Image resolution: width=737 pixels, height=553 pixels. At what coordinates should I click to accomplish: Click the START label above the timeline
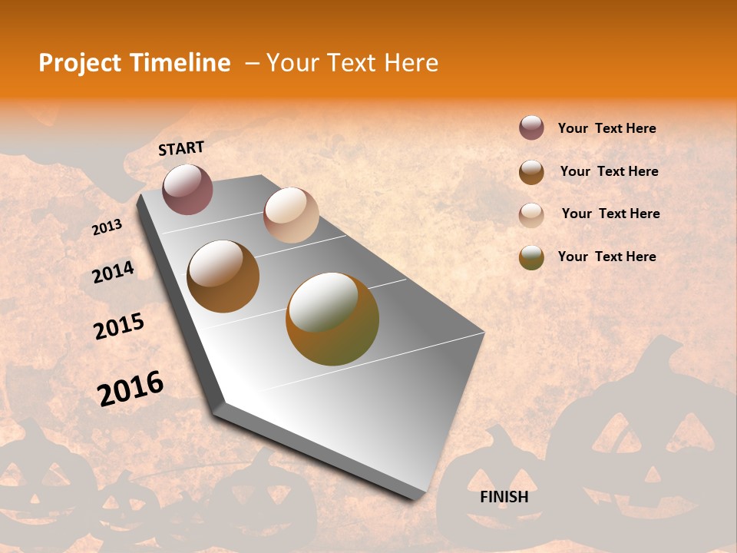181,148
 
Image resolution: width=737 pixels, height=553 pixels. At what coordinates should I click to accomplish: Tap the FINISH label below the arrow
504,497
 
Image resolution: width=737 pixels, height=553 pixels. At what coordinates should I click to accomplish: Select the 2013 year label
107,227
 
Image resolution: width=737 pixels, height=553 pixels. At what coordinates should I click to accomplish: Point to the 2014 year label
113,272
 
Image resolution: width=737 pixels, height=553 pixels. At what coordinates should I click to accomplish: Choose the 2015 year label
119,326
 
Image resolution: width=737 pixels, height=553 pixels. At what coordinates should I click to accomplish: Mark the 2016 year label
131,388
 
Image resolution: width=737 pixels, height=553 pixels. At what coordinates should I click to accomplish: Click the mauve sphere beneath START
187,189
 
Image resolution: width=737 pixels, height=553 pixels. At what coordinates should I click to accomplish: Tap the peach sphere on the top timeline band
291,215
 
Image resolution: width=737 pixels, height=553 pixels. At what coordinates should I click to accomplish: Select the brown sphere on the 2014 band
223,276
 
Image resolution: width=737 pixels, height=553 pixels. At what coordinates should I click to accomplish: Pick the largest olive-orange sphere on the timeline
332,319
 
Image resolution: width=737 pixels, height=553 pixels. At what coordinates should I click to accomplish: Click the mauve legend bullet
531,127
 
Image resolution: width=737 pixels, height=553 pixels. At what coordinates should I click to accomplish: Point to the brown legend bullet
531,172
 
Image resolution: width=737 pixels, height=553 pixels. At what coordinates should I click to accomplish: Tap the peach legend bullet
531,215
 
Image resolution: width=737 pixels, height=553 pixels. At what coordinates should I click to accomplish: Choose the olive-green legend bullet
531,257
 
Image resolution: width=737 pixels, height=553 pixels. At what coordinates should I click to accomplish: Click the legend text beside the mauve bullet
606,128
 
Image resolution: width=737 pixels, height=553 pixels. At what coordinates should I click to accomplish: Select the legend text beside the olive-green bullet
606,257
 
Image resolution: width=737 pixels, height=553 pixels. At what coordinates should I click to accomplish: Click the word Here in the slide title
411,63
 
